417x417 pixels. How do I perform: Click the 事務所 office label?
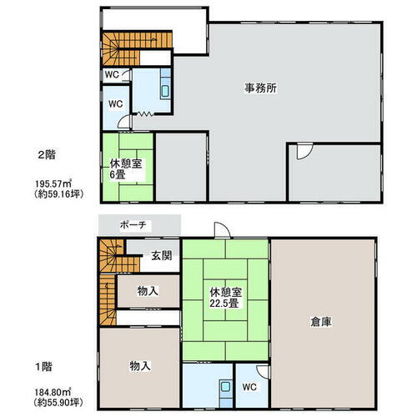point(260,87)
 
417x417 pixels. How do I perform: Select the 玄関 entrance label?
point(162,255)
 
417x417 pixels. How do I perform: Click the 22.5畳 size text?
point(225,304)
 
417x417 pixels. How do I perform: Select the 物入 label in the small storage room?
point(148,292)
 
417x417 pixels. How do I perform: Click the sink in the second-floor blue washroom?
point(164,91)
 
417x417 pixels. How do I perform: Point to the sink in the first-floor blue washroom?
point(224,388)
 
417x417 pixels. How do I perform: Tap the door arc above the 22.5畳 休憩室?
point(220,232)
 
